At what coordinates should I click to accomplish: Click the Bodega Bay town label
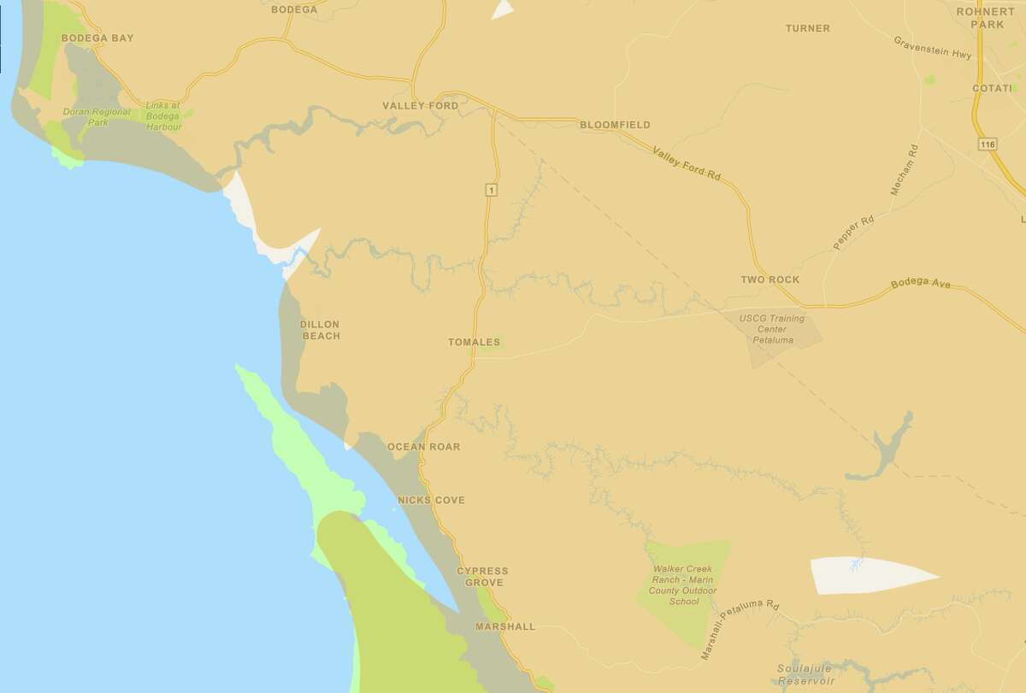(97, 38)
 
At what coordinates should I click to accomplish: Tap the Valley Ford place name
(420, 106)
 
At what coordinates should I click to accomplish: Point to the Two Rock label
(769, 280)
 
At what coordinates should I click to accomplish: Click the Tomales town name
(474, 343)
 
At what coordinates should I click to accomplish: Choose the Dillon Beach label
(320, 330)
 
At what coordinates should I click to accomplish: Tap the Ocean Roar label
(423, 447)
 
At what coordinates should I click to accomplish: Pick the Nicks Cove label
(431, 500)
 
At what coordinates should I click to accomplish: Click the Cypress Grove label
(482, 577)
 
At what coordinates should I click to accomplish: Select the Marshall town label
(504, 626)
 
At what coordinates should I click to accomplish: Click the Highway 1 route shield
(490, 191)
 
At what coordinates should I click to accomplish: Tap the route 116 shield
(989, 145)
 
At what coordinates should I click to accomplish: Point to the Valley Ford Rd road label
(687, 163)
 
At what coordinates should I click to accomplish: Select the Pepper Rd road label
(854, 232)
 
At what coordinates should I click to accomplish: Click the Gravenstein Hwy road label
(933, 48)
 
